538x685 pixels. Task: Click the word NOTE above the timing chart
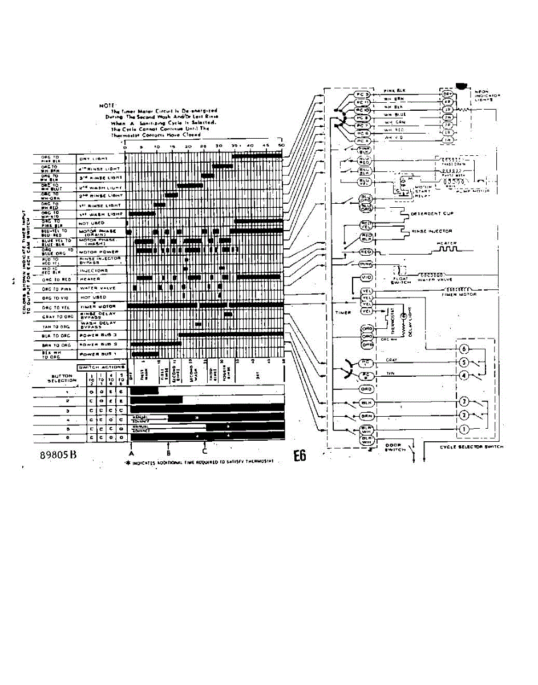click(107, 106)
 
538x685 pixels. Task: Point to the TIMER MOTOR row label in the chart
click(94, 307)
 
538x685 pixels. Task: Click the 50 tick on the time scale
click(281, 147)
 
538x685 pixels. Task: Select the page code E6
click(300, 457)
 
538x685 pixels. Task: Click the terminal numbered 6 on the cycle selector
click(464, 349)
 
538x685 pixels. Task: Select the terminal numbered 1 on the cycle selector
click(464, 429)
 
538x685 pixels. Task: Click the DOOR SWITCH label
click(395, 447)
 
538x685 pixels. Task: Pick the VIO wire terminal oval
click(367, 277)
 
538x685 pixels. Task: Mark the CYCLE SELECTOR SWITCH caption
click(472, 447)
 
